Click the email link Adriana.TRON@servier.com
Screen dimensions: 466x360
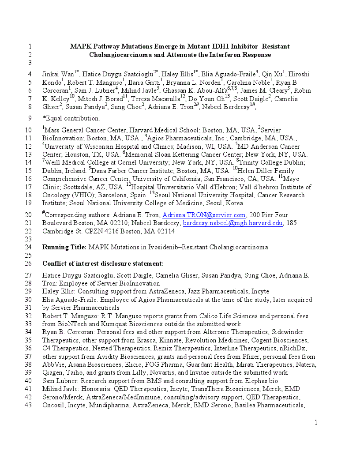204,215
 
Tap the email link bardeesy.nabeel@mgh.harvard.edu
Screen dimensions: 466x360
232,223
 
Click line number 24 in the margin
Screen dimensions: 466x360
29,247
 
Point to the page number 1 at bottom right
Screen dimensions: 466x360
315,423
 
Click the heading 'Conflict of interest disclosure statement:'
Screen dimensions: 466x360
103,263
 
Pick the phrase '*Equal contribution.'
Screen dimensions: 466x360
71,118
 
